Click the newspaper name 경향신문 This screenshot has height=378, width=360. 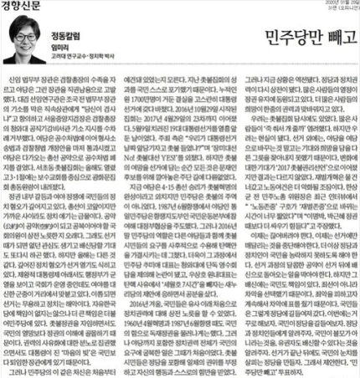22,7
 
